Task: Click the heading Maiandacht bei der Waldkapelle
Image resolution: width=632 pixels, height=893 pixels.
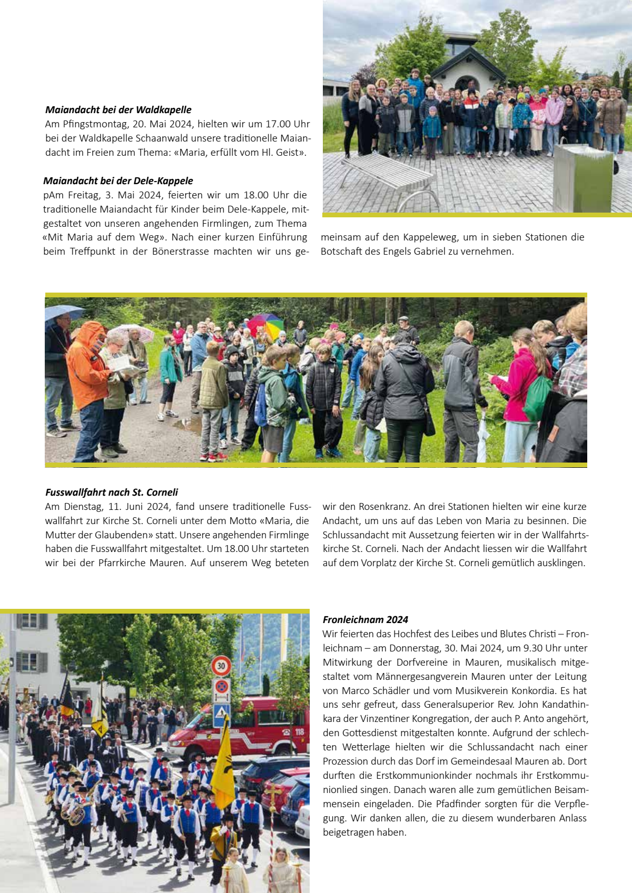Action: [x=118, y=110]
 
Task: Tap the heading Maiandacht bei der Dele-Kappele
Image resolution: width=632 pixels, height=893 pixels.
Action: [x=118, y=181]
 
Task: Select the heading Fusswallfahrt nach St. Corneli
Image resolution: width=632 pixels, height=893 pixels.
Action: [x=112, y=493]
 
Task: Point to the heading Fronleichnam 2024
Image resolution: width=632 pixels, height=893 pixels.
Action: [x=366, y=620]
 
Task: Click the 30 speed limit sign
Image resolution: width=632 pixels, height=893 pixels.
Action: [x=221, y=666]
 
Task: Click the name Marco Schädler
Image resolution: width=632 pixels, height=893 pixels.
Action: [x=374, y=691]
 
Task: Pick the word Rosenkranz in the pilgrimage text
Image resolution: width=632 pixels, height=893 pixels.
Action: [x=383, y=507]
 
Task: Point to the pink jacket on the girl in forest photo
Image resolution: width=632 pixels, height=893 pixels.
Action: [x=519, y=384]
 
